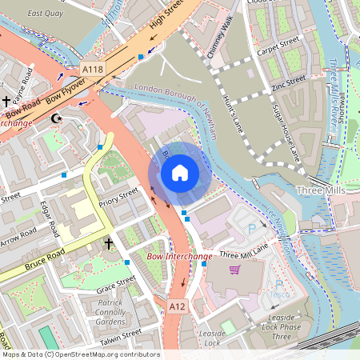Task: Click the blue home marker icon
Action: (x=180, y=172)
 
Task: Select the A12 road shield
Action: (x=178, y=306)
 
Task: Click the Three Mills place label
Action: (x=318, y=191)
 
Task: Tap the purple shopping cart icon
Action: (x=234, y=270)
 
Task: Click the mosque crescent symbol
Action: (x=56, y=118)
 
